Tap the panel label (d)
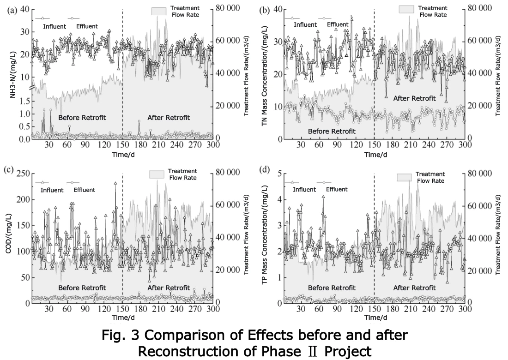pos(265,169)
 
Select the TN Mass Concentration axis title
pos(265,74)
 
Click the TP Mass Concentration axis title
pos(265,238)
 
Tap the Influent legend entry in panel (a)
pos(54,26)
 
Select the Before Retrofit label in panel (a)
pos(82,118)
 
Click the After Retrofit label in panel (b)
pos(414,98)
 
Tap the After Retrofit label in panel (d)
pos(414,288)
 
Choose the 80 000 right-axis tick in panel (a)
pos(226,8)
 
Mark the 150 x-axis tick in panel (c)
pos(122,309)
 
